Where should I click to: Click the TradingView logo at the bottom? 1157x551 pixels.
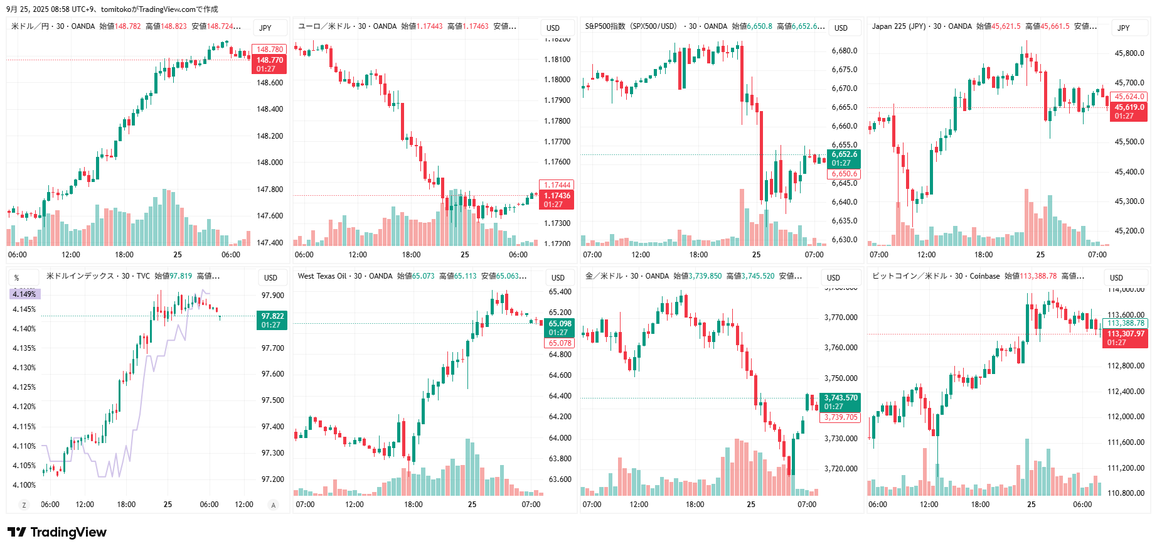(57, 532)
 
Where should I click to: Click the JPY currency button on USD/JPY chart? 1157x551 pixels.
(266, 28)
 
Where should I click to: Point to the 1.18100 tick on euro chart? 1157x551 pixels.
(557, 60)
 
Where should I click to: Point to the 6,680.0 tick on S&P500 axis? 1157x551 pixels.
(844, 51)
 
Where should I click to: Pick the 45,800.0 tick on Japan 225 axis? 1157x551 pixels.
(1129, 53)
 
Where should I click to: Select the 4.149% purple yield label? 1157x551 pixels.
(24, 294)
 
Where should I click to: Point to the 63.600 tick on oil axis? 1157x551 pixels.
(560, 479)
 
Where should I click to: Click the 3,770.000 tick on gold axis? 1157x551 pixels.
(841, 318)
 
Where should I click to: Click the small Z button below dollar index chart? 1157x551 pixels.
(24, 505)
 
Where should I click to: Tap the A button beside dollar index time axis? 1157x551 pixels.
(273, 505)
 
